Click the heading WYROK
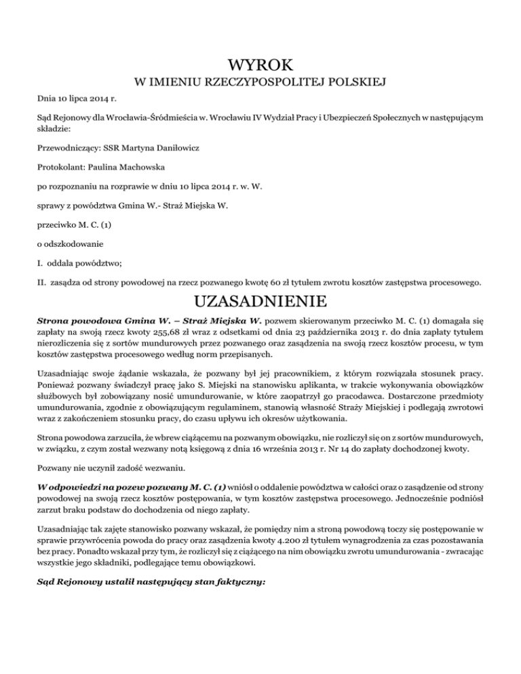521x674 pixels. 260,66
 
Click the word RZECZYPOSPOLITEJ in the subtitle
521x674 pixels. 272,83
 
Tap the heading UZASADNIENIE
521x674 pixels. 260,300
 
